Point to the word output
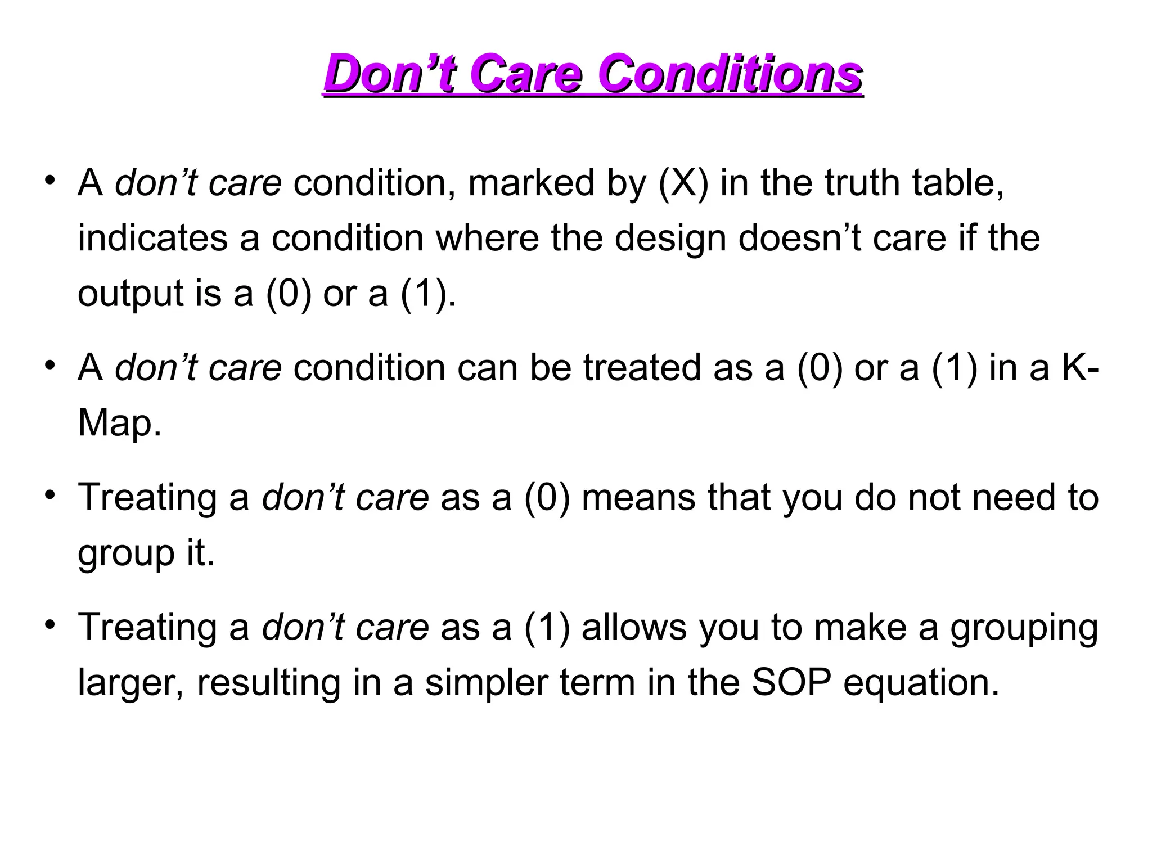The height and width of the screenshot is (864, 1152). click(130, 294)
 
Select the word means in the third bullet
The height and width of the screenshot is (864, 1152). click(638, 498)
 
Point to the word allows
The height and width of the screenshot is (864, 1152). click(634, 627)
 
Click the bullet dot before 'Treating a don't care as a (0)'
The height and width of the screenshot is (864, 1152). click(51, 494)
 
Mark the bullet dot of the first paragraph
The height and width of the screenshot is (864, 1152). click(51, 180)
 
